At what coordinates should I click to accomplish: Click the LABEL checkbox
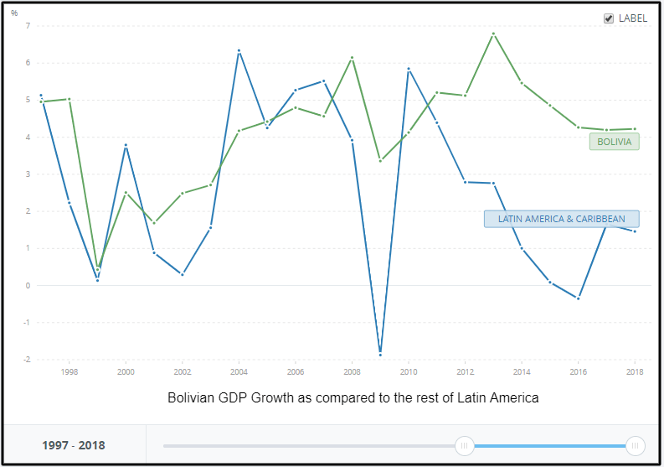609,18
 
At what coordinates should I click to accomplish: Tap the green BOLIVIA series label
615,142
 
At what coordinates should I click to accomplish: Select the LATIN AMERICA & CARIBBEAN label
561,219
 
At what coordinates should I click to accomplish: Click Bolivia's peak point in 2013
493,34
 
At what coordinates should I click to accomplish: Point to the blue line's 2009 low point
380,353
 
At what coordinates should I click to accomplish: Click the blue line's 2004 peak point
239,50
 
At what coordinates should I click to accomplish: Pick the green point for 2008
353,58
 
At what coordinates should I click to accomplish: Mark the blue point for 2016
579,298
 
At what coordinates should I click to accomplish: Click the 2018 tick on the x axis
635,371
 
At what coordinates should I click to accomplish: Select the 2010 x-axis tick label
409,371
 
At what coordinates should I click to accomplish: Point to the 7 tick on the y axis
28,26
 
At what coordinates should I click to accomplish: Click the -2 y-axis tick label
26,360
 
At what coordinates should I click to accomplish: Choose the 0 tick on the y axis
28,286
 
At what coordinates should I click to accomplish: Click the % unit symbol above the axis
14,13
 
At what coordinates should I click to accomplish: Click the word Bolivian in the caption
193,397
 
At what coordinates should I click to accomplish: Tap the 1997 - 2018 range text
74,445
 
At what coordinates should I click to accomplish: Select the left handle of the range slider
464,445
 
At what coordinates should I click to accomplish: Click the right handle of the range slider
635,445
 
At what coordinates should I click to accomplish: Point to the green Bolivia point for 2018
635,129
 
